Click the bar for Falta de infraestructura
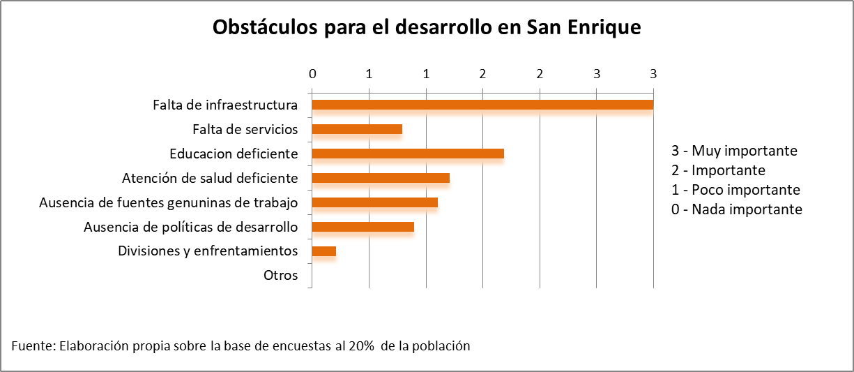point(482,105)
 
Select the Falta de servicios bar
point(357,129)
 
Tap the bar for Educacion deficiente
point(408,154)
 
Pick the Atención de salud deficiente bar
point(381,178)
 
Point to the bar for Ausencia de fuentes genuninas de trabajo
point(375,202)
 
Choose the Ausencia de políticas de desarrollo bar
point(363,227)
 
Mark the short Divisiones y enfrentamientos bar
point(324,251)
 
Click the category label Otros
point(280,275)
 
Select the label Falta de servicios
point(245,129)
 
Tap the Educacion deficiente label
point(234,154)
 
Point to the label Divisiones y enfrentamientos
point(208,251)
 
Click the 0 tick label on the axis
point(312,74)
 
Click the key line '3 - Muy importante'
point(734,151)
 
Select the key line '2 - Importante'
point(718,170)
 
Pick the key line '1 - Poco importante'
point(735,190)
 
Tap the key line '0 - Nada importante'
point(737,209)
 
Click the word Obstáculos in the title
point(265,27)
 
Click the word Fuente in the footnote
point(33,346)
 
